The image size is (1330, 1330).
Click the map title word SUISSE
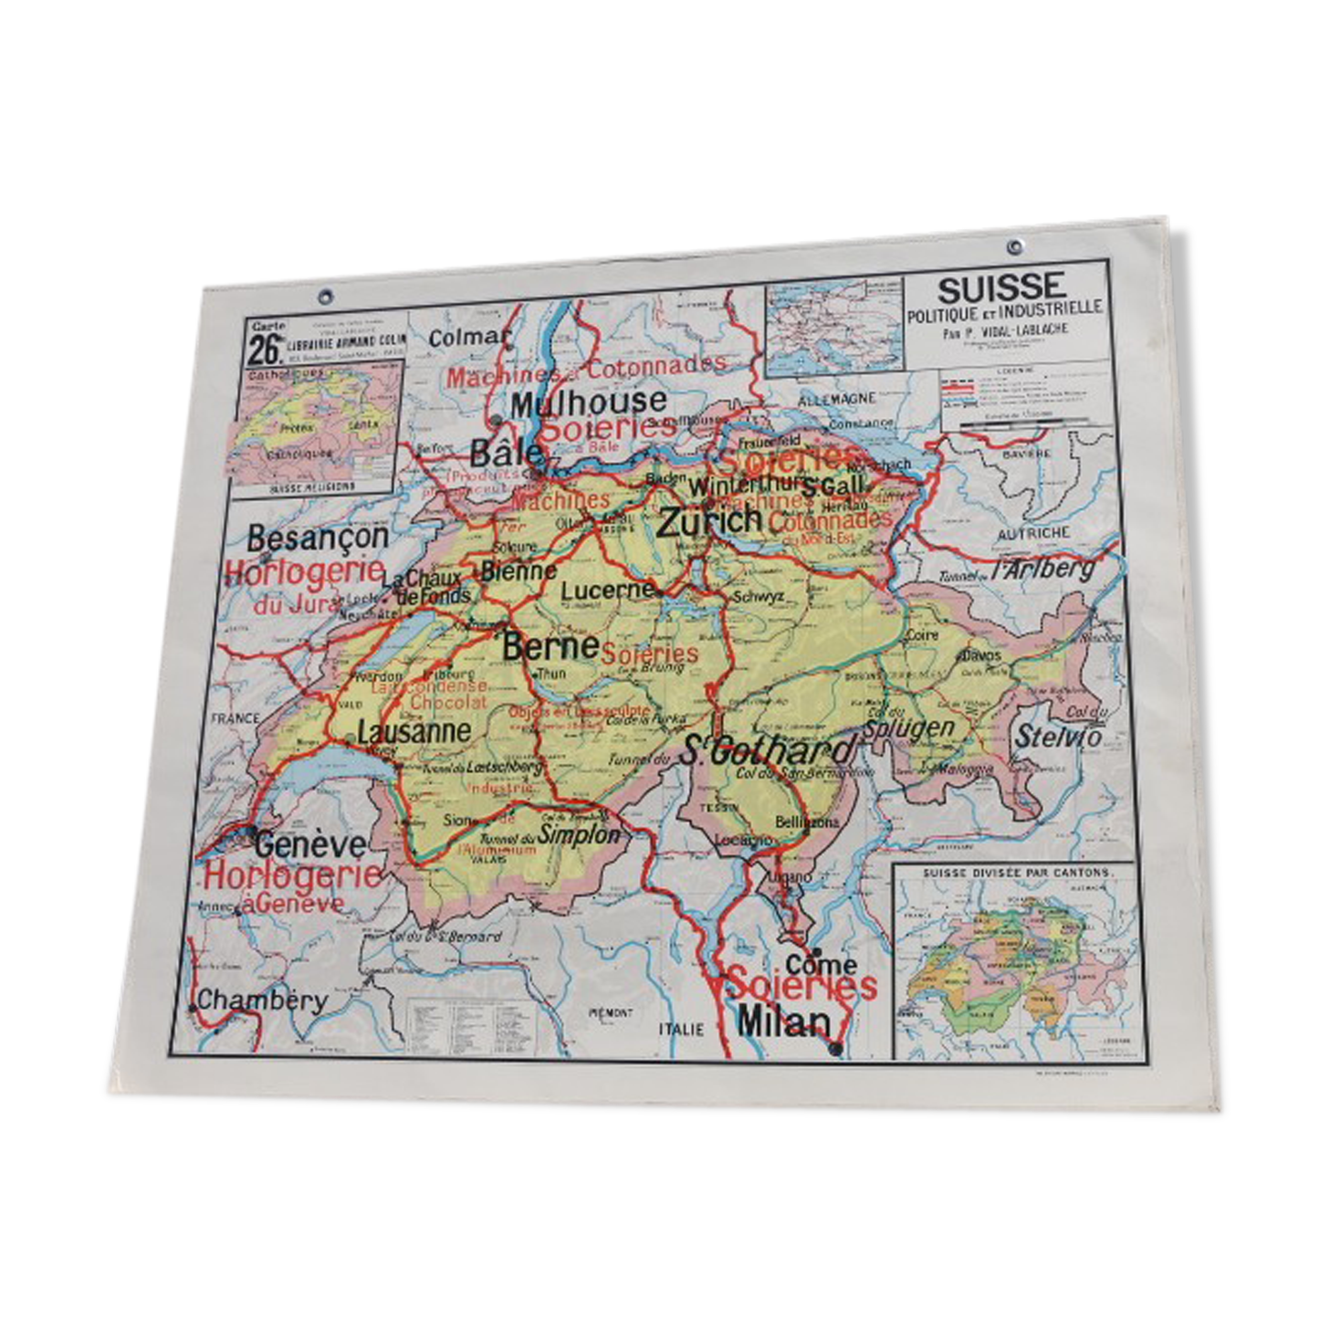[x=1000, y=288]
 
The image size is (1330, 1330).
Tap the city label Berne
[x=550, y=646]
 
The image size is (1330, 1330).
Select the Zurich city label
[x=709, y=522]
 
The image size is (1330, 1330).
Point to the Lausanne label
[x=414, y=731]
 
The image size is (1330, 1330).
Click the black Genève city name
[x=310, y=843]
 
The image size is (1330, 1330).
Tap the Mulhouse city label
[x=589, y=402]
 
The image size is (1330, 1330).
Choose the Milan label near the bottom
[x=784, y=1021]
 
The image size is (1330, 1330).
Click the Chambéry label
[x=262, y=1000]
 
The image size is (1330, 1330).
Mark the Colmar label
[x=468, y=338]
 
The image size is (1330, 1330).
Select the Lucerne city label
[x=607, y=590]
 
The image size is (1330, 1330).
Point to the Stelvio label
[x=1059, y=736]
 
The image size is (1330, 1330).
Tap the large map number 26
[x=265, y=350]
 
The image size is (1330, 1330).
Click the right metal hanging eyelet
[x=1014, y=246]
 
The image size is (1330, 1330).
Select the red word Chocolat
[x=448, y=702]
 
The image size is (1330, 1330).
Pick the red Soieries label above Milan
[x=801, y=985]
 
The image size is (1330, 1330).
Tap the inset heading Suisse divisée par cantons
[x=1017, y=873]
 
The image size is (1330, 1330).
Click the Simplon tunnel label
[x=578, y=833]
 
